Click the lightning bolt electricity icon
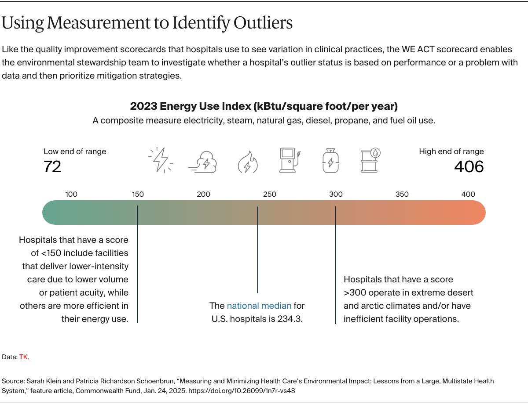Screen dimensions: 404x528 tap(161, 160)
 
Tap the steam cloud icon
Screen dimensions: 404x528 tap(202, 161)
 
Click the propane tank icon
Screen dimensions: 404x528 tap(330, 160)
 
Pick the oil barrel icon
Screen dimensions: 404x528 tap(370, 160)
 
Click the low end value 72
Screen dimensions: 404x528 tap(52, 167)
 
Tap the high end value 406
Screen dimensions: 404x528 tap(469, 167)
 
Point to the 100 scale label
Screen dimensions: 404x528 tap(71, 194)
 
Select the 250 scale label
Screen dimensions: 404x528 tap(270, 194)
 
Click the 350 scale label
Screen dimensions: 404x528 tap(402, 194)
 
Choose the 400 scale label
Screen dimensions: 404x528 tap(468, 194)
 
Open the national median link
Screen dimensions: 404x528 tap(259, 306)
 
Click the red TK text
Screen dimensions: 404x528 tap(24, 357)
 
